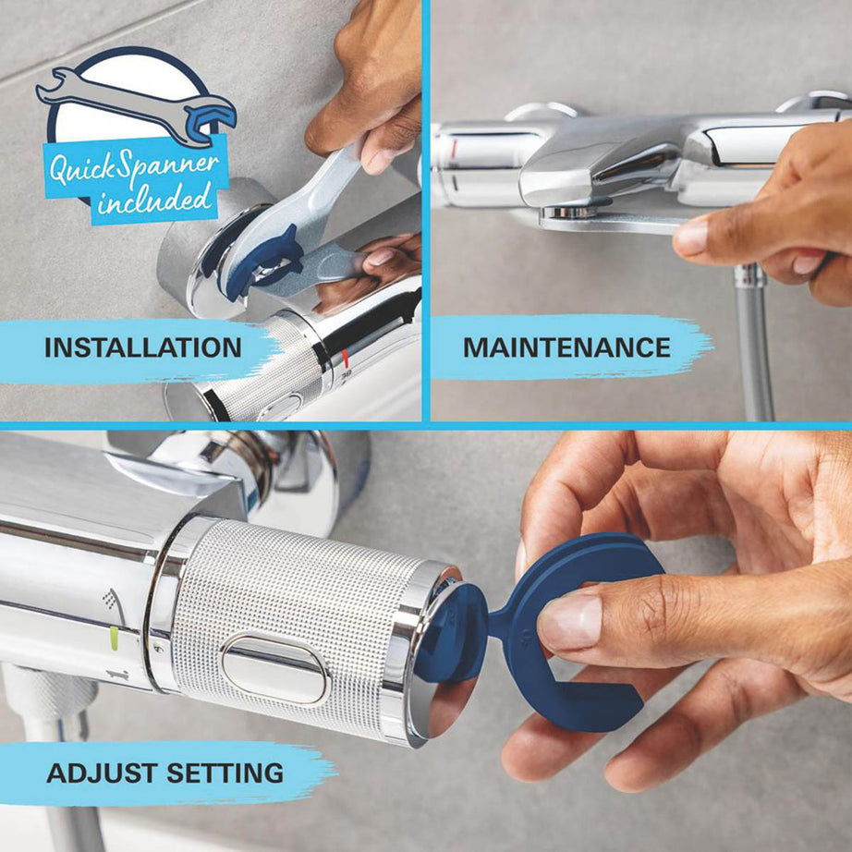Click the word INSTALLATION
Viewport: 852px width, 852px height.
pos(143,347)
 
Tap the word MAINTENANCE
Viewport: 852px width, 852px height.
pos(566,347)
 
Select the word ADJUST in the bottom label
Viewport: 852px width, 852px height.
pos(101,773)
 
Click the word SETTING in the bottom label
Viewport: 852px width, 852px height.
pos(225,773)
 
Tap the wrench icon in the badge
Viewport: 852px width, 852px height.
pos(136,106)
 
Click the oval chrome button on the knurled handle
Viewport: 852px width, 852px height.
pos(275,668)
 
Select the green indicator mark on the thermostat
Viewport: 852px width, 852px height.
pos(114,639)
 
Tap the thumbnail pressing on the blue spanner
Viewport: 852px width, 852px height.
pos(570,623)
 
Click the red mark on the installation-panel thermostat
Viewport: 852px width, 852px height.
pos(346,359)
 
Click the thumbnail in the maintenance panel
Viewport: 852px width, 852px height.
pos(691,237)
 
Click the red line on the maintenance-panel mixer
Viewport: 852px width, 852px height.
pos(455,148)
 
